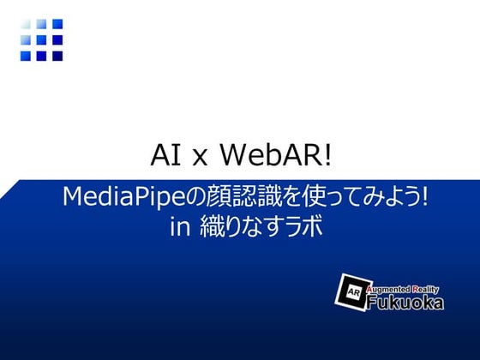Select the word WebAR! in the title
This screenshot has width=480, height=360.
tap(275, 155)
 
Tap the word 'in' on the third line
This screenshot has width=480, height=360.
tap(180, 227)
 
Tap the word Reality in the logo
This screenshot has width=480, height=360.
tap(426, 289)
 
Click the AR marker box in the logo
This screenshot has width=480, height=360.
tap(352, 291)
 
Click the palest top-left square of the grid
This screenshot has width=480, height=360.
tap(27, 25)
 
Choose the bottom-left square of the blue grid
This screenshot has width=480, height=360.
tap(27, 56)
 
